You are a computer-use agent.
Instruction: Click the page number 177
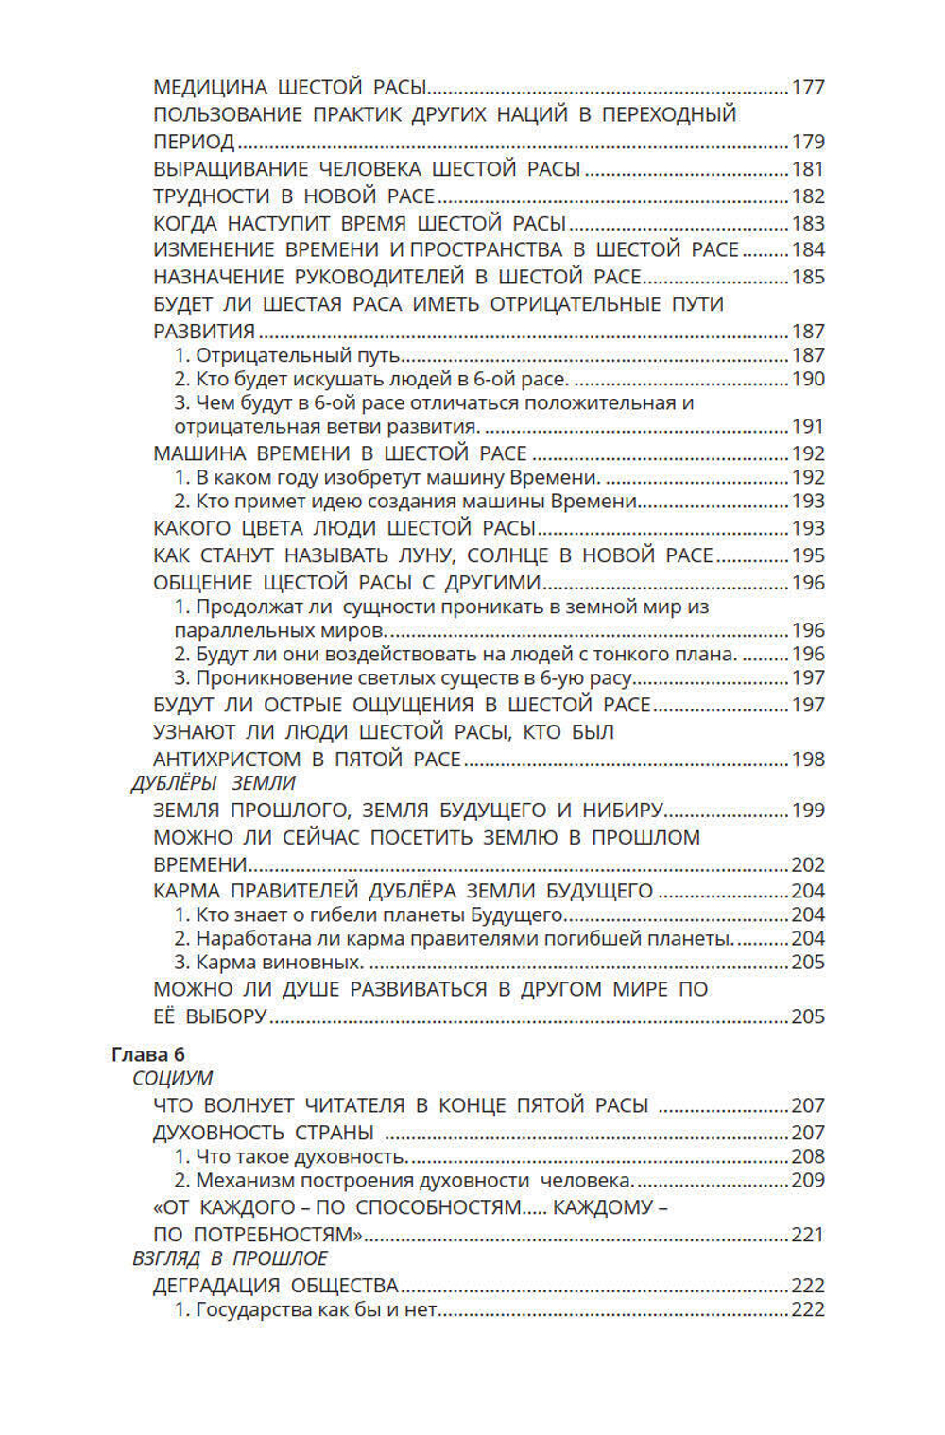point(808,88)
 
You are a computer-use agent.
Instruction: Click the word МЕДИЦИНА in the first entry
point(211,88)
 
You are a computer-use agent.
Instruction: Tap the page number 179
point(808,143)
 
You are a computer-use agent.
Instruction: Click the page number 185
point(808,278)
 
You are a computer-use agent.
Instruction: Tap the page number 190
point(808,380)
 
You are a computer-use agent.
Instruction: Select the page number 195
point(808,556)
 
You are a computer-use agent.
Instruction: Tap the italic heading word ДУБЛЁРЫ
point(175,784)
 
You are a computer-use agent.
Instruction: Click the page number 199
point(808,811)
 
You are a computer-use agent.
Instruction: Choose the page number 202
point(808,865)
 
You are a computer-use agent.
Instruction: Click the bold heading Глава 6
point(148,1055)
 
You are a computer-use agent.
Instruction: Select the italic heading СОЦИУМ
point(173,1079)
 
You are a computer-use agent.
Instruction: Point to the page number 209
point(808,1181)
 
